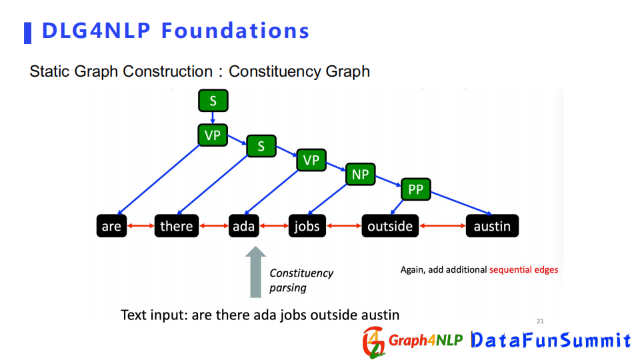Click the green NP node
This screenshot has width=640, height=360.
click(360, 174)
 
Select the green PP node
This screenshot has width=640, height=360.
click(415, 189)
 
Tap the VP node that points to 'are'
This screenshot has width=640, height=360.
click(213, 135)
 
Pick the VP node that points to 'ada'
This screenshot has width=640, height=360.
click(311, 160)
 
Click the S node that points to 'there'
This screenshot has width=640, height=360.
click(261, 146)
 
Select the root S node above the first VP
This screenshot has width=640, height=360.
click(213, 101)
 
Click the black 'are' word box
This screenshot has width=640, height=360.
click(111, 226)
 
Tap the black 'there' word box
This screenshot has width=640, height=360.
click(176, 226)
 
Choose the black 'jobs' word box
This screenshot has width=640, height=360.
click(307, 226)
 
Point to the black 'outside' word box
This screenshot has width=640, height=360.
click(390, 226)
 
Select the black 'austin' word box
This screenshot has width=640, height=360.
click(492, 226)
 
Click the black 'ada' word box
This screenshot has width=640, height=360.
click(244, 226)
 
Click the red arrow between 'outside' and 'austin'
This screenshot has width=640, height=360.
click(443, 226)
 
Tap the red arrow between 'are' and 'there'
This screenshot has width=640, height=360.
click(141, 226)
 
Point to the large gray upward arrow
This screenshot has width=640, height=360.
click(255, 272)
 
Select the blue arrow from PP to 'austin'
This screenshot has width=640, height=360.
click(461, 203)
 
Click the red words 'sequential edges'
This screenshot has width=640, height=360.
click(524, 270)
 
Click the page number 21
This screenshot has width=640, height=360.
click(540, 321)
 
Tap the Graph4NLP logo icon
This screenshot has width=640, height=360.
click(374, 342)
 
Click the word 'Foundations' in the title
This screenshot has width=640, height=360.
click(235, 31)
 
